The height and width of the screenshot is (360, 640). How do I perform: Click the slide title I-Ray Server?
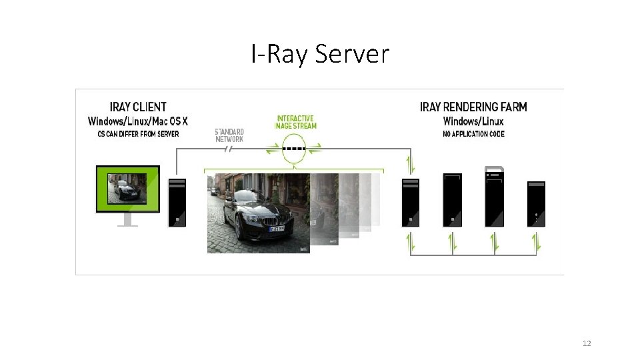320,53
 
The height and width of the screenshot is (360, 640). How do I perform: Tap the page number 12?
587,343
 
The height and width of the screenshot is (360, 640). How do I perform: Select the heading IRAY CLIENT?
138,107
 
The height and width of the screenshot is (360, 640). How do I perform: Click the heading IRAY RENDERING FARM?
473,107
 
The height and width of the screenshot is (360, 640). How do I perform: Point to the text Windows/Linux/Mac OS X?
138,121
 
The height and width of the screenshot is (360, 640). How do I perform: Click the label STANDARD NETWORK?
229,135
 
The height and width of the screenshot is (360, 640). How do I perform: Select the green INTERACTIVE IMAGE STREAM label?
297,123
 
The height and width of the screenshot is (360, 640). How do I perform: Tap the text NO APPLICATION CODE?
474,134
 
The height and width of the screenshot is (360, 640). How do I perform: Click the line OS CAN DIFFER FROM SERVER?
138,134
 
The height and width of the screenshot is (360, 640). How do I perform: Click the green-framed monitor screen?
128,188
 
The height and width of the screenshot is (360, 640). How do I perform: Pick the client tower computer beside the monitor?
177,202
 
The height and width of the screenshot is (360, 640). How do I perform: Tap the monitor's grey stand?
127,219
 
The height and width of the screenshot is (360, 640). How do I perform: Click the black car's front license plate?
276,229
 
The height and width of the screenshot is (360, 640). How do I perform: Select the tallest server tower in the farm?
495,197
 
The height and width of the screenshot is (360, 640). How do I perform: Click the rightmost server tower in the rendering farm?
536,203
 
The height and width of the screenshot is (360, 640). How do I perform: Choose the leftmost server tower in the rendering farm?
411,202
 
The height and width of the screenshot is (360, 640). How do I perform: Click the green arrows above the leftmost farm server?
411,164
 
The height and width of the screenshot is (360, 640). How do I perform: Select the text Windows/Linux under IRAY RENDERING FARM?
473,121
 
